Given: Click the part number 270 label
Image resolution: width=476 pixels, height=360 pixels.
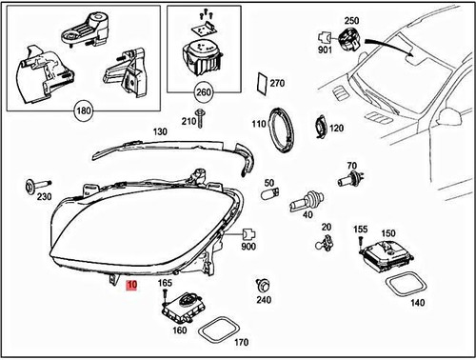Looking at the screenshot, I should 277,84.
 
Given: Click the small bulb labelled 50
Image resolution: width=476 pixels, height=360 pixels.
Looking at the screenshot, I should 270,195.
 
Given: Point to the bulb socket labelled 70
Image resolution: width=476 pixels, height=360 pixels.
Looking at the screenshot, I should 347,180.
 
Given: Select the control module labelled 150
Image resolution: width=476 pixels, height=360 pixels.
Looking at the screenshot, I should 387,252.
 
